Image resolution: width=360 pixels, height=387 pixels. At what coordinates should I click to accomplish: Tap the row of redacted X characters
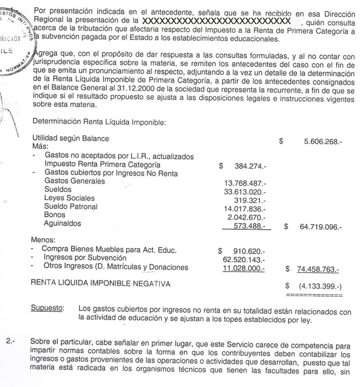point(220,21)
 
